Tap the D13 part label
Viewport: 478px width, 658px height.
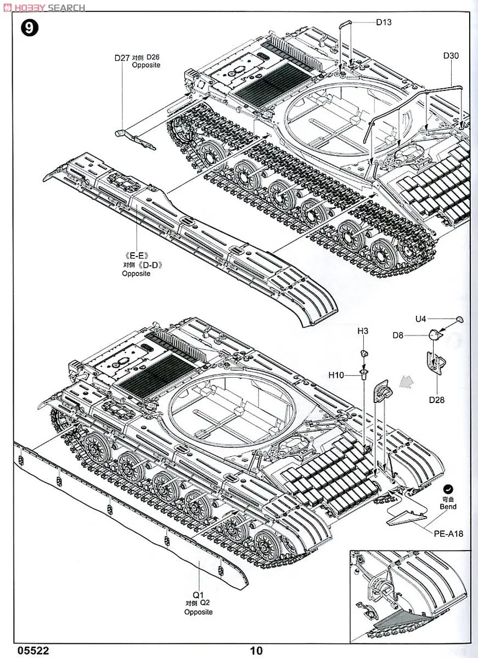coord(384,22)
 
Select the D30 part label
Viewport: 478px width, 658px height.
coord(451,55)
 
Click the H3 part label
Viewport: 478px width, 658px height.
coord(363,331)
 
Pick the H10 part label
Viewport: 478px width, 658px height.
coord(336,375)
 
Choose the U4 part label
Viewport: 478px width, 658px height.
coord(421,319)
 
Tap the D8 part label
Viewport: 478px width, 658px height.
coord(398,336)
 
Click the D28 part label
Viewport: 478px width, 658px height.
coord(437,399)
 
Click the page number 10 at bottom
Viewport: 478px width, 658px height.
coord(256,651)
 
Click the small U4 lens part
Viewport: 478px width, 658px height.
coord(459,319)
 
